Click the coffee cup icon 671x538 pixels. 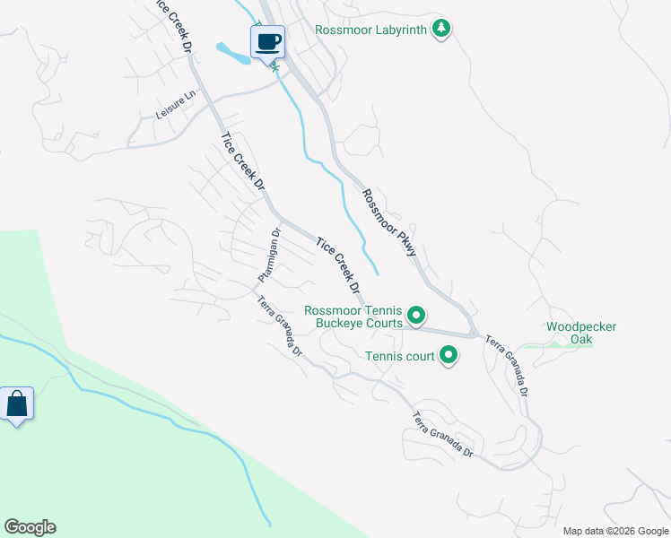click(x=267, y=42)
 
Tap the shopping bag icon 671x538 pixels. click(x=17, y=404)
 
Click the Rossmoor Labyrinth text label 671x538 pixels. click(x=371, y=30)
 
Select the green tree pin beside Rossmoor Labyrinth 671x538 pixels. click(x=440, y=29)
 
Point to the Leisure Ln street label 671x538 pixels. click(x=175, y=108)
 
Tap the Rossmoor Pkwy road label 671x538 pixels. click(x=389, y=222)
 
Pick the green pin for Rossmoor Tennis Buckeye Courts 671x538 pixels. click(x=415, y=316)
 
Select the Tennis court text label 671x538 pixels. click(x=399, y=356)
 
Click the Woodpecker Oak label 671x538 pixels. click(x=581, y=333)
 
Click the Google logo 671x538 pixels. click(x=30, y=527)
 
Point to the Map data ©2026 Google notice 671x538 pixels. click(x=614, y=531)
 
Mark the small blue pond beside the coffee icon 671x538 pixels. click(x=231, y=55)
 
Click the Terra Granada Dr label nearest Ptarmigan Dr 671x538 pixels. click(x=280, y=326)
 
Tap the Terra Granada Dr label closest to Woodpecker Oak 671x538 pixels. click(x=508, y=366)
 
